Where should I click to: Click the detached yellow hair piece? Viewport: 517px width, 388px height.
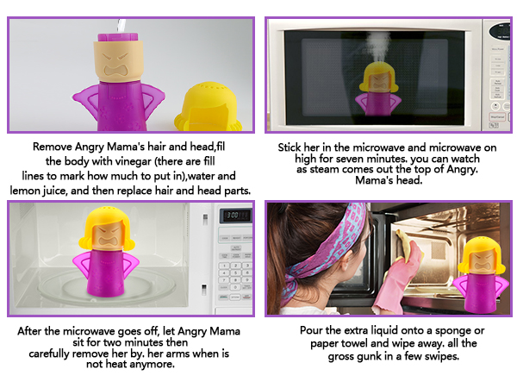(208, 102)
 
